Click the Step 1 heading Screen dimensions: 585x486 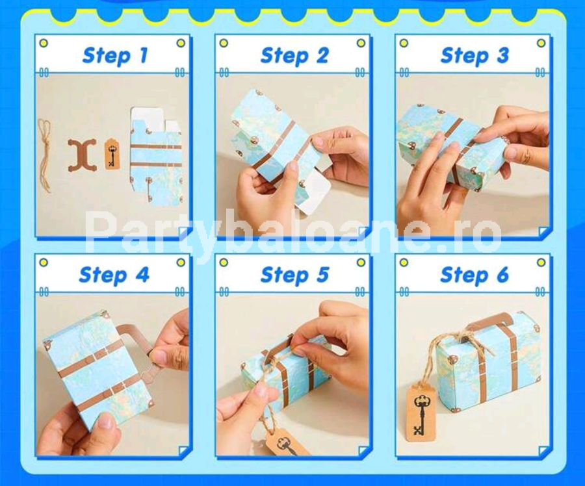tap(115, 56)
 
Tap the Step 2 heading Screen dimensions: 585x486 tap(294, 56)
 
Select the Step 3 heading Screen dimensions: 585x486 tap(474, 56)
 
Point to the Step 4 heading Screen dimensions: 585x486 tap(114, 275)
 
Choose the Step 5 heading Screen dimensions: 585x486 tap(294, 275)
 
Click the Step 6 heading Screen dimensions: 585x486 tap(474, 275)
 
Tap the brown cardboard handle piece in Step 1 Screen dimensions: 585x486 tap(82, 155)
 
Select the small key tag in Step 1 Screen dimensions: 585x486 tap(112, 154)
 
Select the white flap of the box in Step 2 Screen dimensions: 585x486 tap(312, 194)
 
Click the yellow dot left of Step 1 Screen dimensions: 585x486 tap(44, 43)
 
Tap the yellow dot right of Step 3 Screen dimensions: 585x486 tap(541, 43)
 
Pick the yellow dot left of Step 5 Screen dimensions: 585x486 tap(224, 262)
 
